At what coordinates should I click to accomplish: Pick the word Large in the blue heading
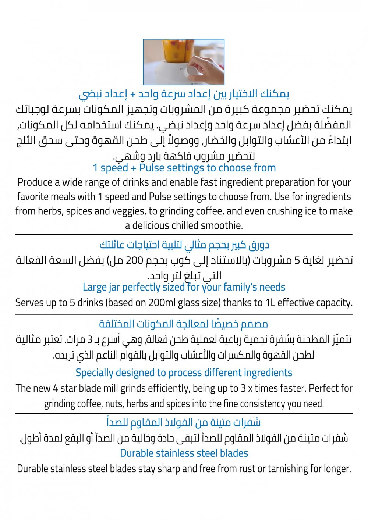coord(94,287)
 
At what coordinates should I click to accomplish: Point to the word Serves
coord(29,303)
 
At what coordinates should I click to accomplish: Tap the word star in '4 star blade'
coord(68,388)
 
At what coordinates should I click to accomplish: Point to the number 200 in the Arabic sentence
coord(137,260)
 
